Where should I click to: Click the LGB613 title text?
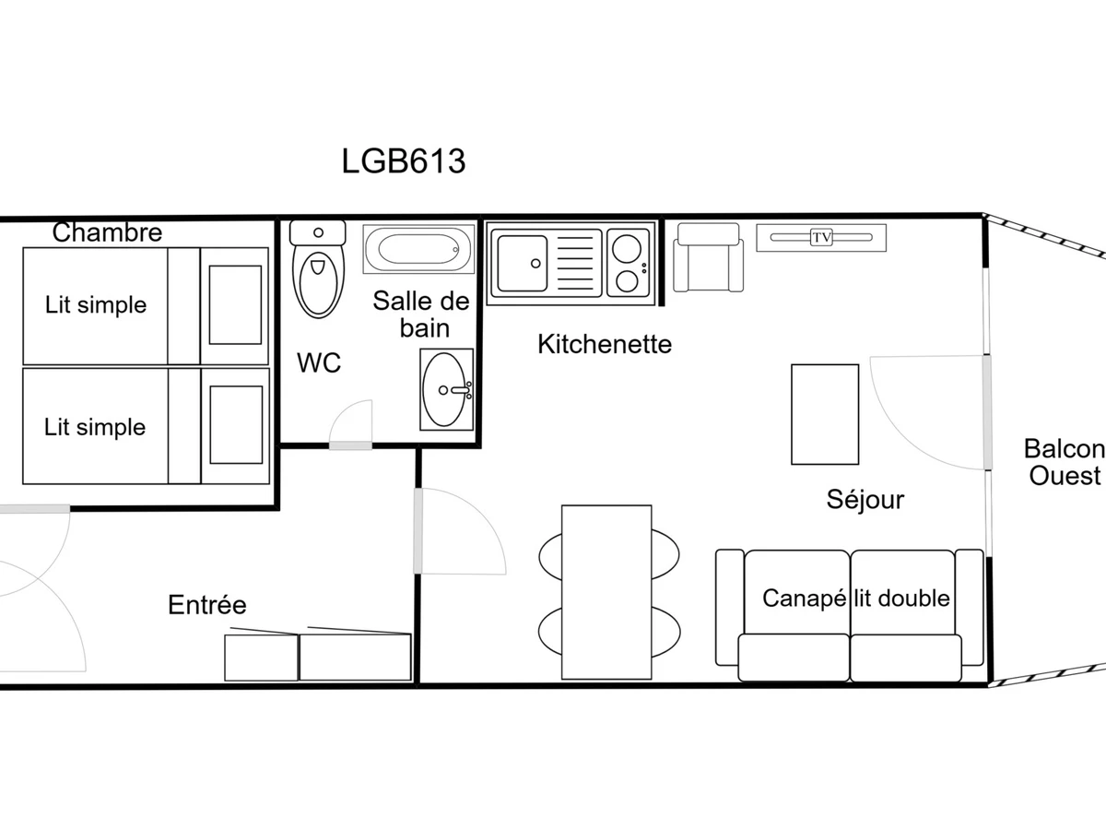point(404,161)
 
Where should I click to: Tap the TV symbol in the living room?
point(821,237)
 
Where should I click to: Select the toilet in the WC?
point(318,269)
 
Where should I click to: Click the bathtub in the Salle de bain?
point(418,249)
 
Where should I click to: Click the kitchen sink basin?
point(522,263)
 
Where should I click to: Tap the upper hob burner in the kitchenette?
point(627,248)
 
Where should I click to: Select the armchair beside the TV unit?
point(709,257)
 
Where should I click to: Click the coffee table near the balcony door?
point(825,414)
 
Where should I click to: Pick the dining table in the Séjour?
point(606,592)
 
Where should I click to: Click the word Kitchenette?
point(605,344)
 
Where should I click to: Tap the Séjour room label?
point(865,500)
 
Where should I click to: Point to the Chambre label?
point(107,232)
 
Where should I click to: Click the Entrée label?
point(207,605)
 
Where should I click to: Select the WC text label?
point(319,362)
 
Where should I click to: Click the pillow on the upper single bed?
point(235,305)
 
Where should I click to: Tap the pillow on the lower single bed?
point(236,425)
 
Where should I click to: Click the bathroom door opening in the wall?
point(351,445)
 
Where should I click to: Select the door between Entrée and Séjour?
point(418,530)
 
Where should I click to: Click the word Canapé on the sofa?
point(805,599)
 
